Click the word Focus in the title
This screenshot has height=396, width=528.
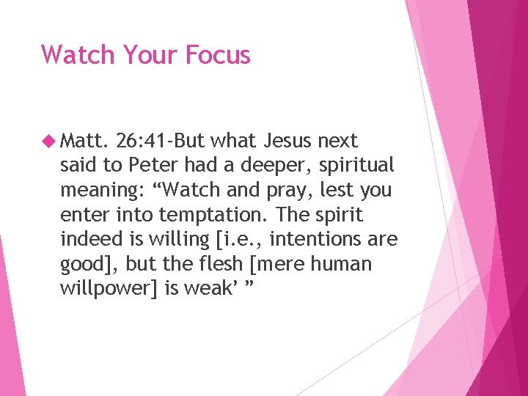click(x=218, y=55)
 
